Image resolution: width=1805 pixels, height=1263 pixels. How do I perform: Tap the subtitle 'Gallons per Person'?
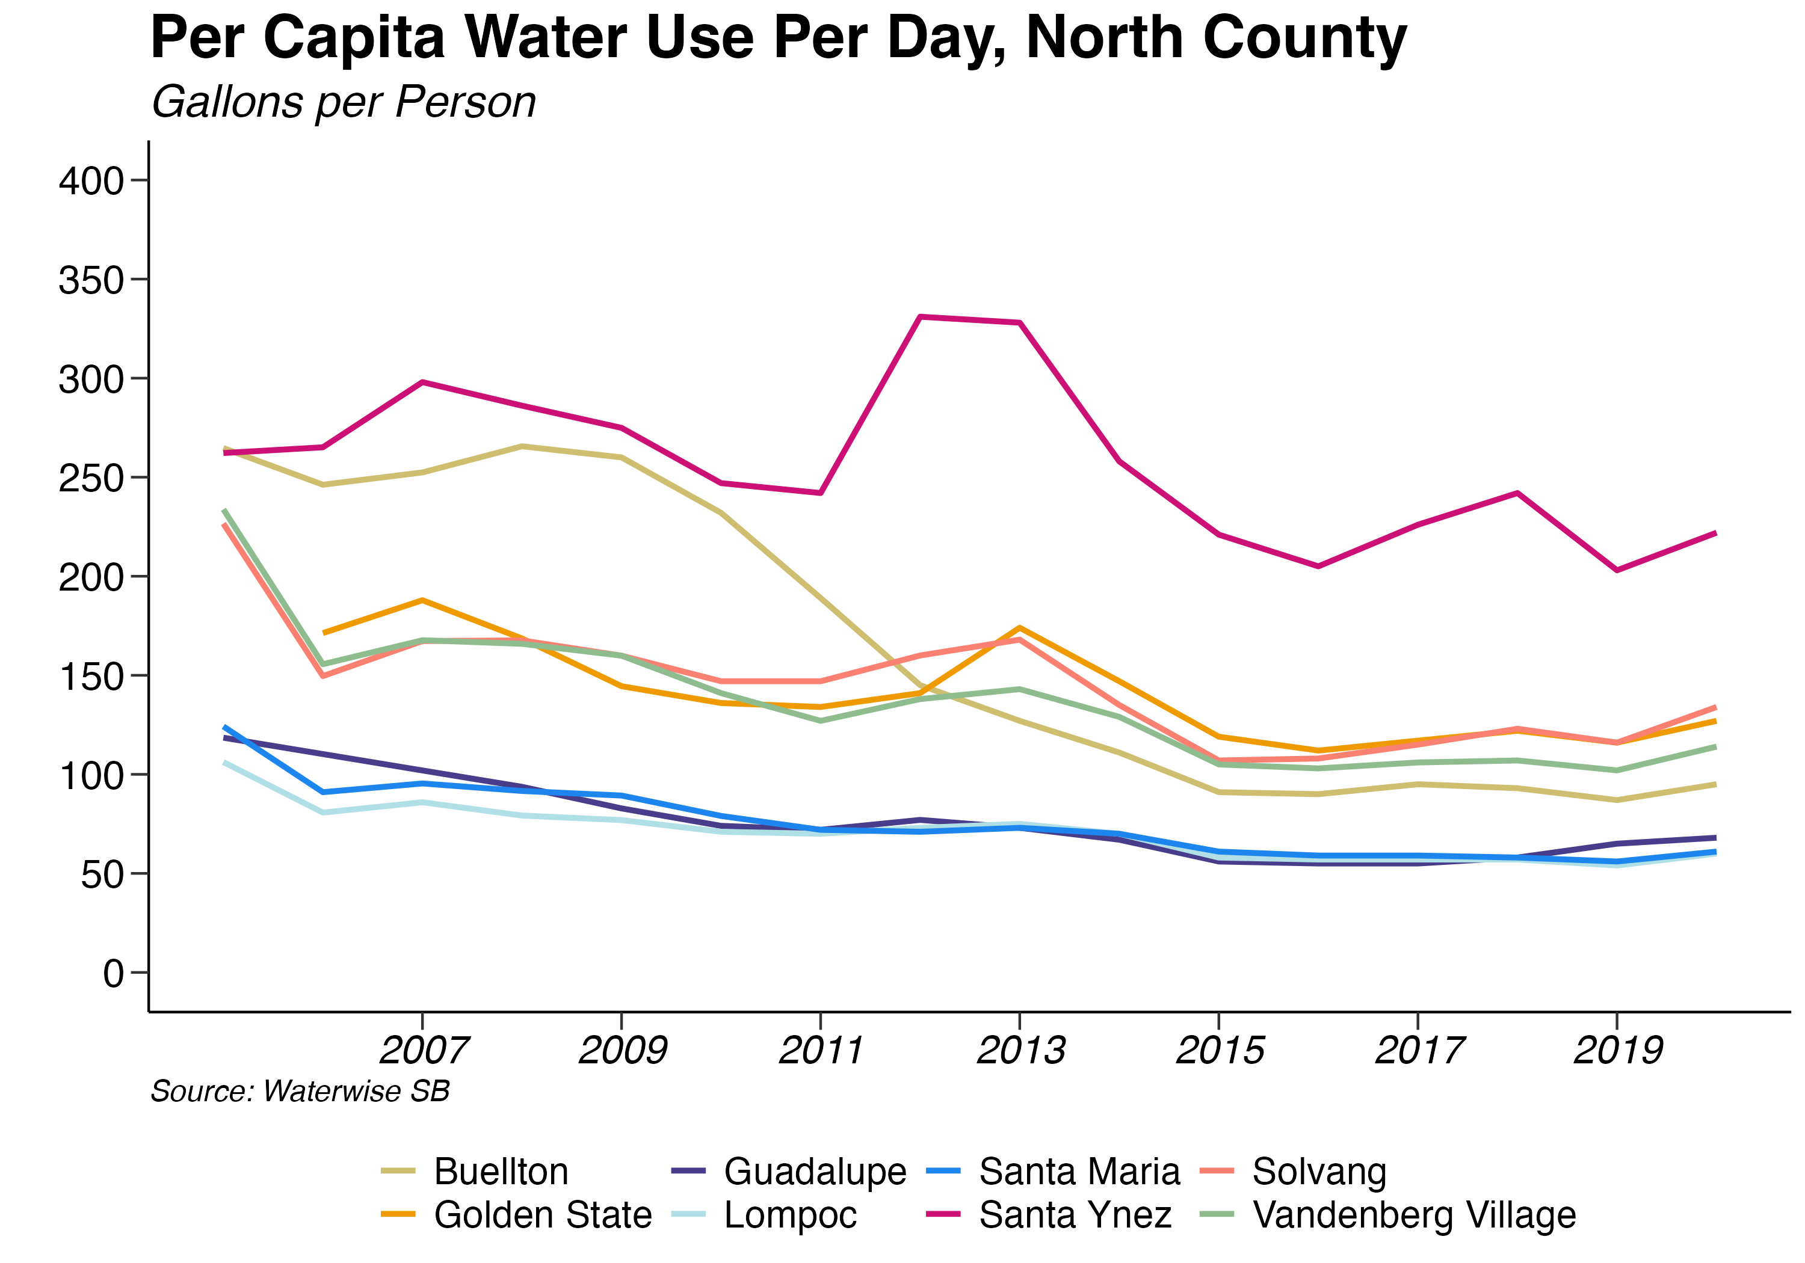(x=344, y=102)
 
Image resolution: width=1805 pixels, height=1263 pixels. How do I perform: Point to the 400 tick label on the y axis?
(x=92, y=181)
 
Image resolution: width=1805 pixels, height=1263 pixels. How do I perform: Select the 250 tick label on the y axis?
(x=92, y=478)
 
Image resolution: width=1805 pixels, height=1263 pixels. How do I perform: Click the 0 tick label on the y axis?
(x=113, y=974)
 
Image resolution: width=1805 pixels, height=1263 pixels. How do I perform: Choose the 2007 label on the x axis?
(x=424, y=1050)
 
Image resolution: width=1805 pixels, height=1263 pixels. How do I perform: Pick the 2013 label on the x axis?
(x=1020, y=1050)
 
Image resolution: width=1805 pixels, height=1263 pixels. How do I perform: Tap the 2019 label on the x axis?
(x=1617, y=1050)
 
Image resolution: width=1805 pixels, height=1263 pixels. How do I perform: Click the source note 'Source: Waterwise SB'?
(x=300, y=1091)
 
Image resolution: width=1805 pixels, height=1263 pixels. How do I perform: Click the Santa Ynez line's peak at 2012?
(x=920, y=317)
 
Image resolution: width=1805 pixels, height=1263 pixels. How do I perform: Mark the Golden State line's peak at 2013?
(x=1020, y=627)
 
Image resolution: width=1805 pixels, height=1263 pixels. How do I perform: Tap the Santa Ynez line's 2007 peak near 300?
(x=423, y=382)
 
